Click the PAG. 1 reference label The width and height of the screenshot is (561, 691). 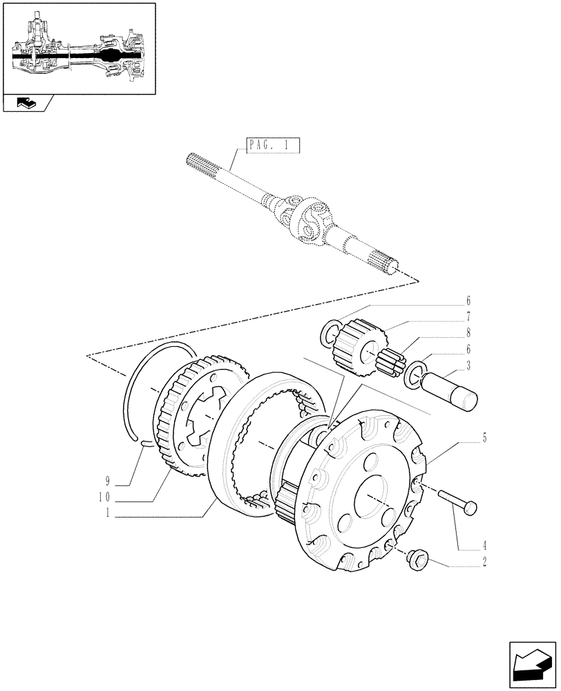point(270,146)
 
